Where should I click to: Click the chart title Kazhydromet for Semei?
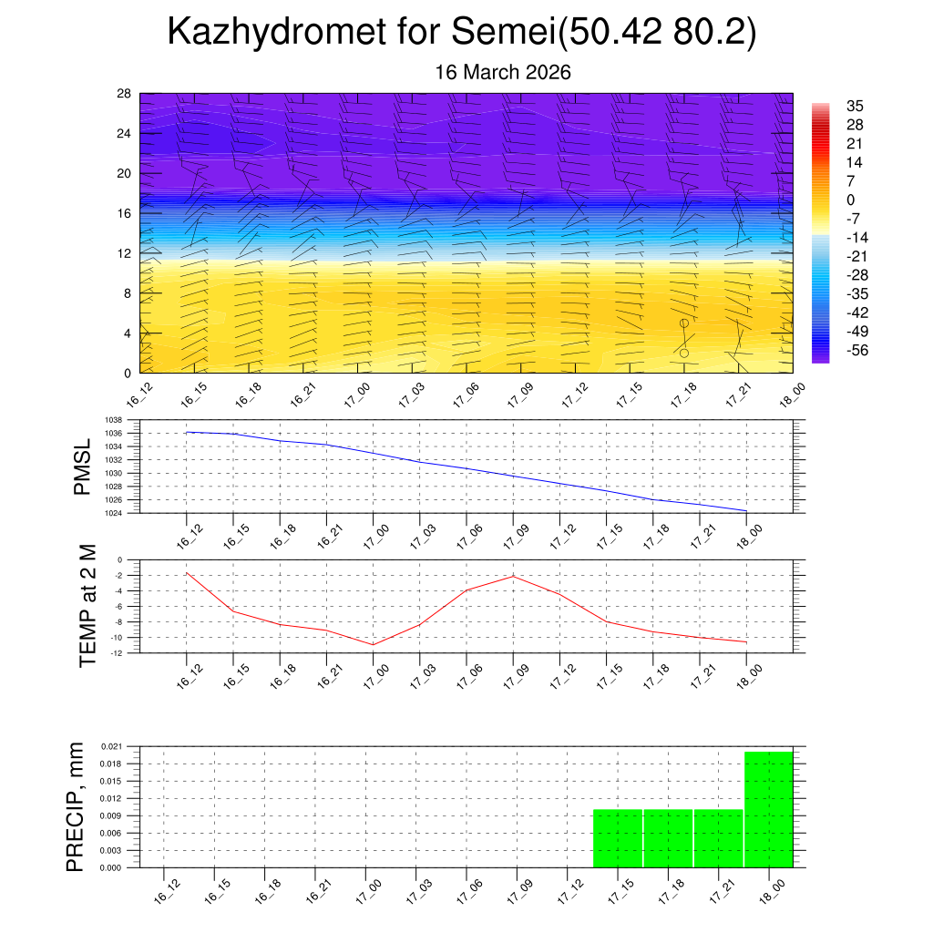point(462,34)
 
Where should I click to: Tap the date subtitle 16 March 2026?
point(503,73)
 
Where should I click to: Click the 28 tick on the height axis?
point(125,93)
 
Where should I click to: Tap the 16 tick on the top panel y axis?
point(125,213)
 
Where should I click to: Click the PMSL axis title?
point(83,466)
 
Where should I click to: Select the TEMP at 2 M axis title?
point(87,605)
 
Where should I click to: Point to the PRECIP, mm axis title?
point(75,806)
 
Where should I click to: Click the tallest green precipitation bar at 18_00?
point(769,809)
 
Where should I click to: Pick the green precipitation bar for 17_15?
point(618,838)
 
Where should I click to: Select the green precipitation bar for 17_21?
point(718,838)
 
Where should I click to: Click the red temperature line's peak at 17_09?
point(513,576)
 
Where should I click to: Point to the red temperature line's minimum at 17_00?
point(374,644)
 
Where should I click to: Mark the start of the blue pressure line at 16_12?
point(187,432)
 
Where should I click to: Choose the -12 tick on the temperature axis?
point(118,653)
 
